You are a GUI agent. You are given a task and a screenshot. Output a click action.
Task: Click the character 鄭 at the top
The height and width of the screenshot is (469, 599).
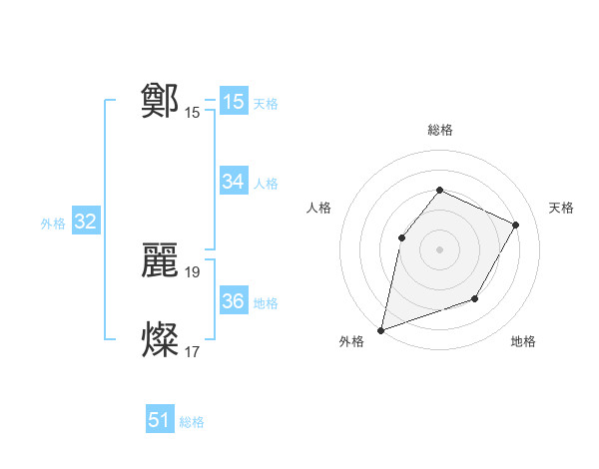tap(160, 101)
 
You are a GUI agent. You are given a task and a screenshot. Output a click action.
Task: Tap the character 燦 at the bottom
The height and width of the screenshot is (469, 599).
tap(160, 340)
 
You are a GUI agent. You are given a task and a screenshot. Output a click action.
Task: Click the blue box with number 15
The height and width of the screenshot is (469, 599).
tap(234, 102)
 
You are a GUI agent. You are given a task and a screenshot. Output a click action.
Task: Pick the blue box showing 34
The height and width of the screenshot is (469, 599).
tap(234, 182)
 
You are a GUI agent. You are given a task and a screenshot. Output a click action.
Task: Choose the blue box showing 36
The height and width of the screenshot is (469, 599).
tap(234, 301)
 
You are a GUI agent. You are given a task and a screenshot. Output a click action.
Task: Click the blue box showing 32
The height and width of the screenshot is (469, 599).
tap(85, 222)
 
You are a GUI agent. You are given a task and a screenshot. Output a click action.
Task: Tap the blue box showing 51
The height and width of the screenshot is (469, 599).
tap(160, 420)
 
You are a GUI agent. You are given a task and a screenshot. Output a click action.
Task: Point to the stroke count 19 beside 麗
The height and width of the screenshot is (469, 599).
tap(193, 271)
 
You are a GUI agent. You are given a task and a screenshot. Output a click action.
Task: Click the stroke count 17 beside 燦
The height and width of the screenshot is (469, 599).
tap(193, 351)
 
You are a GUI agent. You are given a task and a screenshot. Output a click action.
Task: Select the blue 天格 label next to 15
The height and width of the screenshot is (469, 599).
tap(266, 104)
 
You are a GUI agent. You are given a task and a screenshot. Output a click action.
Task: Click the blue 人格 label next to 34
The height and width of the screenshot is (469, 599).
tap(266, 184)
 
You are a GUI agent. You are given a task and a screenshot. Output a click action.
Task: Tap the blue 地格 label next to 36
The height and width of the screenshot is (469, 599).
tap(266, 303)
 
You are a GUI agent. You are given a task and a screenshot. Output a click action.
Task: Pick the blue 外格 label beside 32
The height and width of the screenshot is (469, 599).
tap(53, 224)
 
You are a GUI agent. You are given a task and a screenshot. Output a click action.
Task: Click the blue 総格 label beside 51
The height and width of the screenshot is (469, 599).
tap(192, 422)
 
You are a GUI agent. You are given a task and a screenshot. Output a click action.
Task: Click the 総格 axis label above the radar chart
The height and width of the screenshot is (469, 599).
tap(439, 130)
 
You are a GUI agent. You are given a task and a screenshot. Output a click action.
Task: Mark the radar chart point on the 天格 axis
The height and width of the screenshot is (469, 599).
tap(516, 225)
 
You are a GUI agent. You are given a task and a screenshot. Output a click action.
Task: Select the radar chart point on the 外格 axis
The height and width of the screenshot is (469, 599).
tap(380, 329)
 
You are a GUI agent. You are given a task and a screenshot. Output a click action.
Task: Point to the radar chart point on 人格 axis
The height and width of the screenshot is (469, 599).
tap(401, 237)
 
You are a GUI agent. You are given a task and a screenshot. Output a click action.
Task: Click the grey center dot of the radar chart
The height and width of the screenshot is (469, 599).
tap(439, 249)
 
